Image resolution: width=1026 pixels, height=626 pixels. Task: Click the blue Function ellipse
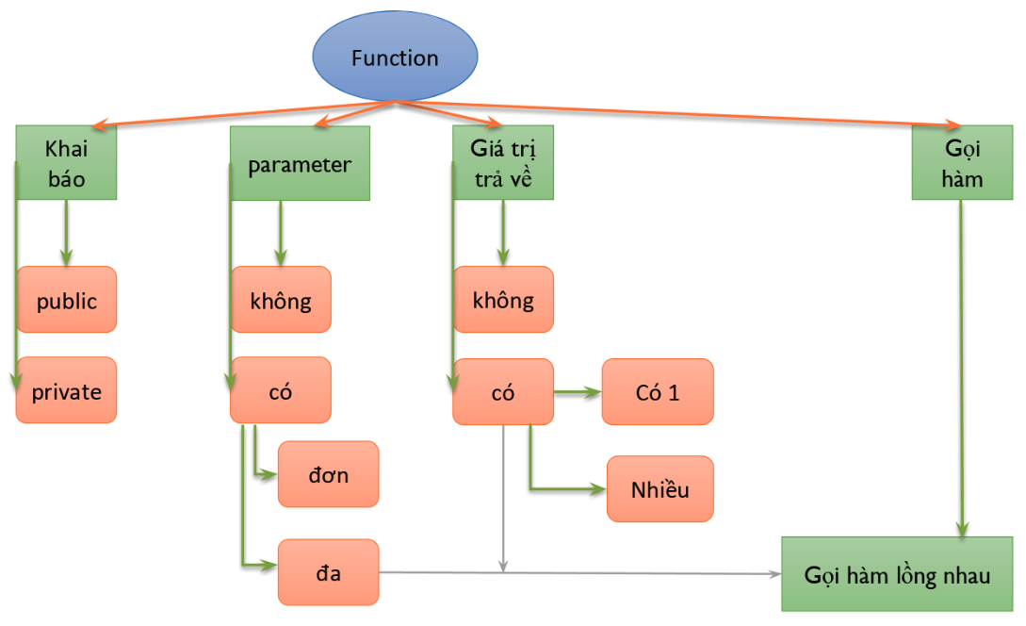tap(395, 58)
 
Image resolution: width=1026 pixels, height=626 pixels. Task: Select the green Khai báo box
tap(66, 162)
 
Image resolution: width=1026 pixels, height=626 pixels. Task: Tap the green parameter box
tap(300, 163)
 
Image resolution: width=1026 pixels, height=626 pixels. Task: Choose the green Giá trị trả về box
tap(502, 162)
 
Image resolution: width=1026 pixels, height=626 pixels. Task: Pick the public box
tap(66, 300)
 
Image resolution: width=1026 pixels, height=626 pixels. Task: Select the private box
tap(66, 390)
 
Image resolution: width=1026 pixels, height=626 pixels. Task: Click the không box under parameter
tap(281, 300)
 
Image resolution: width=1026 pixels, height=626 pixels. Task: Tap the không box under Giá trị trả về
tap(503, 300)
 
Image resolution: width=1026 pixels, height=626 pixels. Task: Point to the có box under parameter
tap(281, 390)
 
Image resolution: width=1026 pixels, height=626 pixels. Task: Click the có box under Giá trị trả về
tap(503, 391)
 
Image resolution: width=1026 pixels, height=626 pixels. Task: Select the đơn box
tap(328, 474)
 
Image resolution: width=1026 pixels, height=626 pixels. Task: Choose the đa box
tap(328, 572)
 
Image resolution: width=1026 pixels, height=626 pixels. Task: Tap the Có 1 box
tap(658, 391)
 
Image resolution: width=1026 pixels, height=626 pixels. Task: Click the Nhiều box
tap(660, 489)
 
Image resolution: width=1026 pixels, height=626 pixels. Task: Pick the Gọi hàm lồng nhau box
tap(898, 574)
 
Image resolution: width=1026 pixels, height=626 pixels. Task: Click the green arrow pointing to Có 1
tap(577, 391)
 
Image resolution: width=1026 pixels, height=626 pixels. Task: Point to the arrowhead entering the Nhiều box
tap(597, 489)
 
